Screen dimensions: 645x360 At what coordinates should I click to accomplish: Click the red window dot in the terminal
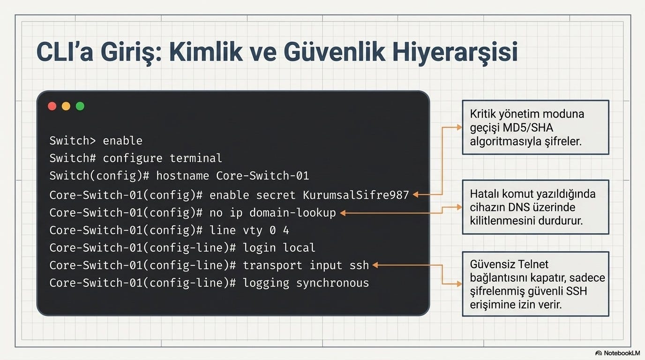point(52,106)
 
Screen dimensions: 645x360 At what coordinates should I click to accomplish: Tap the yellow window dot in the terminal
point(66,106)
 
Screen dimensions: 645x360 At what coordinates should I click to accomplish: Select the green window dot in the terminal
point(80,106)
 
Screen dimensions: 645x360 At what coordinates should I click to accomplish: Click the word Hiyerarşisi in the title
point(455,52)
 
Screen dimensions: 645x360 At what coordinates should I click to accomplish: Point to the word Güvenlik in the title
point(334,52)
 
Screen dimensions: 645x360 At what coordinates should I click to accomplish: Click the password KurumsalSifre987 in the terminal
point(356,195)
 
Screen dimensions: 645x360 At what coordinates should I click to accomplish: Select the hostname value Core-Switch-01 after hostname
point(262,176)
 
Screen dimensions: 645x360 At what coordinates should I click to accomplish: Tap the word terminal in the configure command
point(196,158)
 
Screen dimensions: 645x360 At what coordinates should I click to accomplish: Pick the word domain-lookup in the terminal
point(293,213)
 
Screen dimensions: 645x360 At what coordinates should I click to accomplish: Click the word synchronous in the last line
point(333,283)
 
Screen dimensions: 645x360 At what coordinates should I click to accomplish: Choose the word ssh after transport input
point(359,265)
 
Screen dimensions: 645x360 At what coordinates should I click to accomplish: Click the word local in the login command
point(299,247)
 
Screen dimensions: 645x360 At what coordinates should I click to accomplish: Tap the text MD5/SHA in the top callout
point(527,127)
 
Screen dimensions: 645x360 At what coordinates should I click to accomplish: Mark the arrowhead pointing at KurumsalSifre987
point(415,195)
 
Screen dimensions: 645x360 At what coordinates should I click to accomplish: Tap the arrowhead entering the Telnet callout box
point(459,284)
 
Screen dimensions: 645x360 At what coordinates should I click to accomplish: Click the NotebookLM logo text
point(622,353)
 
